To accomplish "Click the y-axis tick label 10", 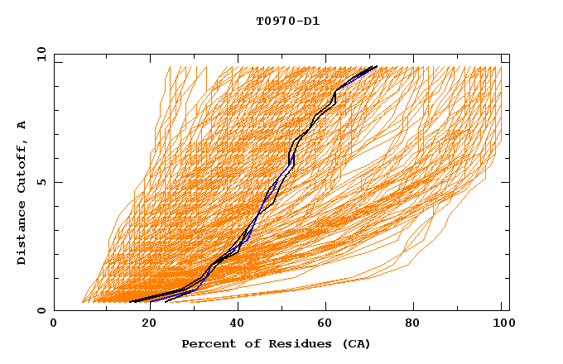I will click(41, 54).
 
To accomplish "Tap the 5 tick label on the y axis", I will click(44, 182).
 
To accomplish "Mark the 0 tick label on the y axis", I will click(44, 310).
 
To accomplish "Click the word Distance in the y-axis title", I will click(22, 236).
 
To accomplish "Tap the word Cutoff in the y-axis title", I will click(22, 169).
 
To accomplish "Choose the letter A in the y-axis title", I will click(22, 125).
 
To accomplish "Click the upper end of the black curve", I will click(377, 66).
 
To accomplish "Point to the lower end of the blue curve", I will click(150, 302).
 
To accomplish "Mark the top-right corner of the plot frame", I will click(509, 54).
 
